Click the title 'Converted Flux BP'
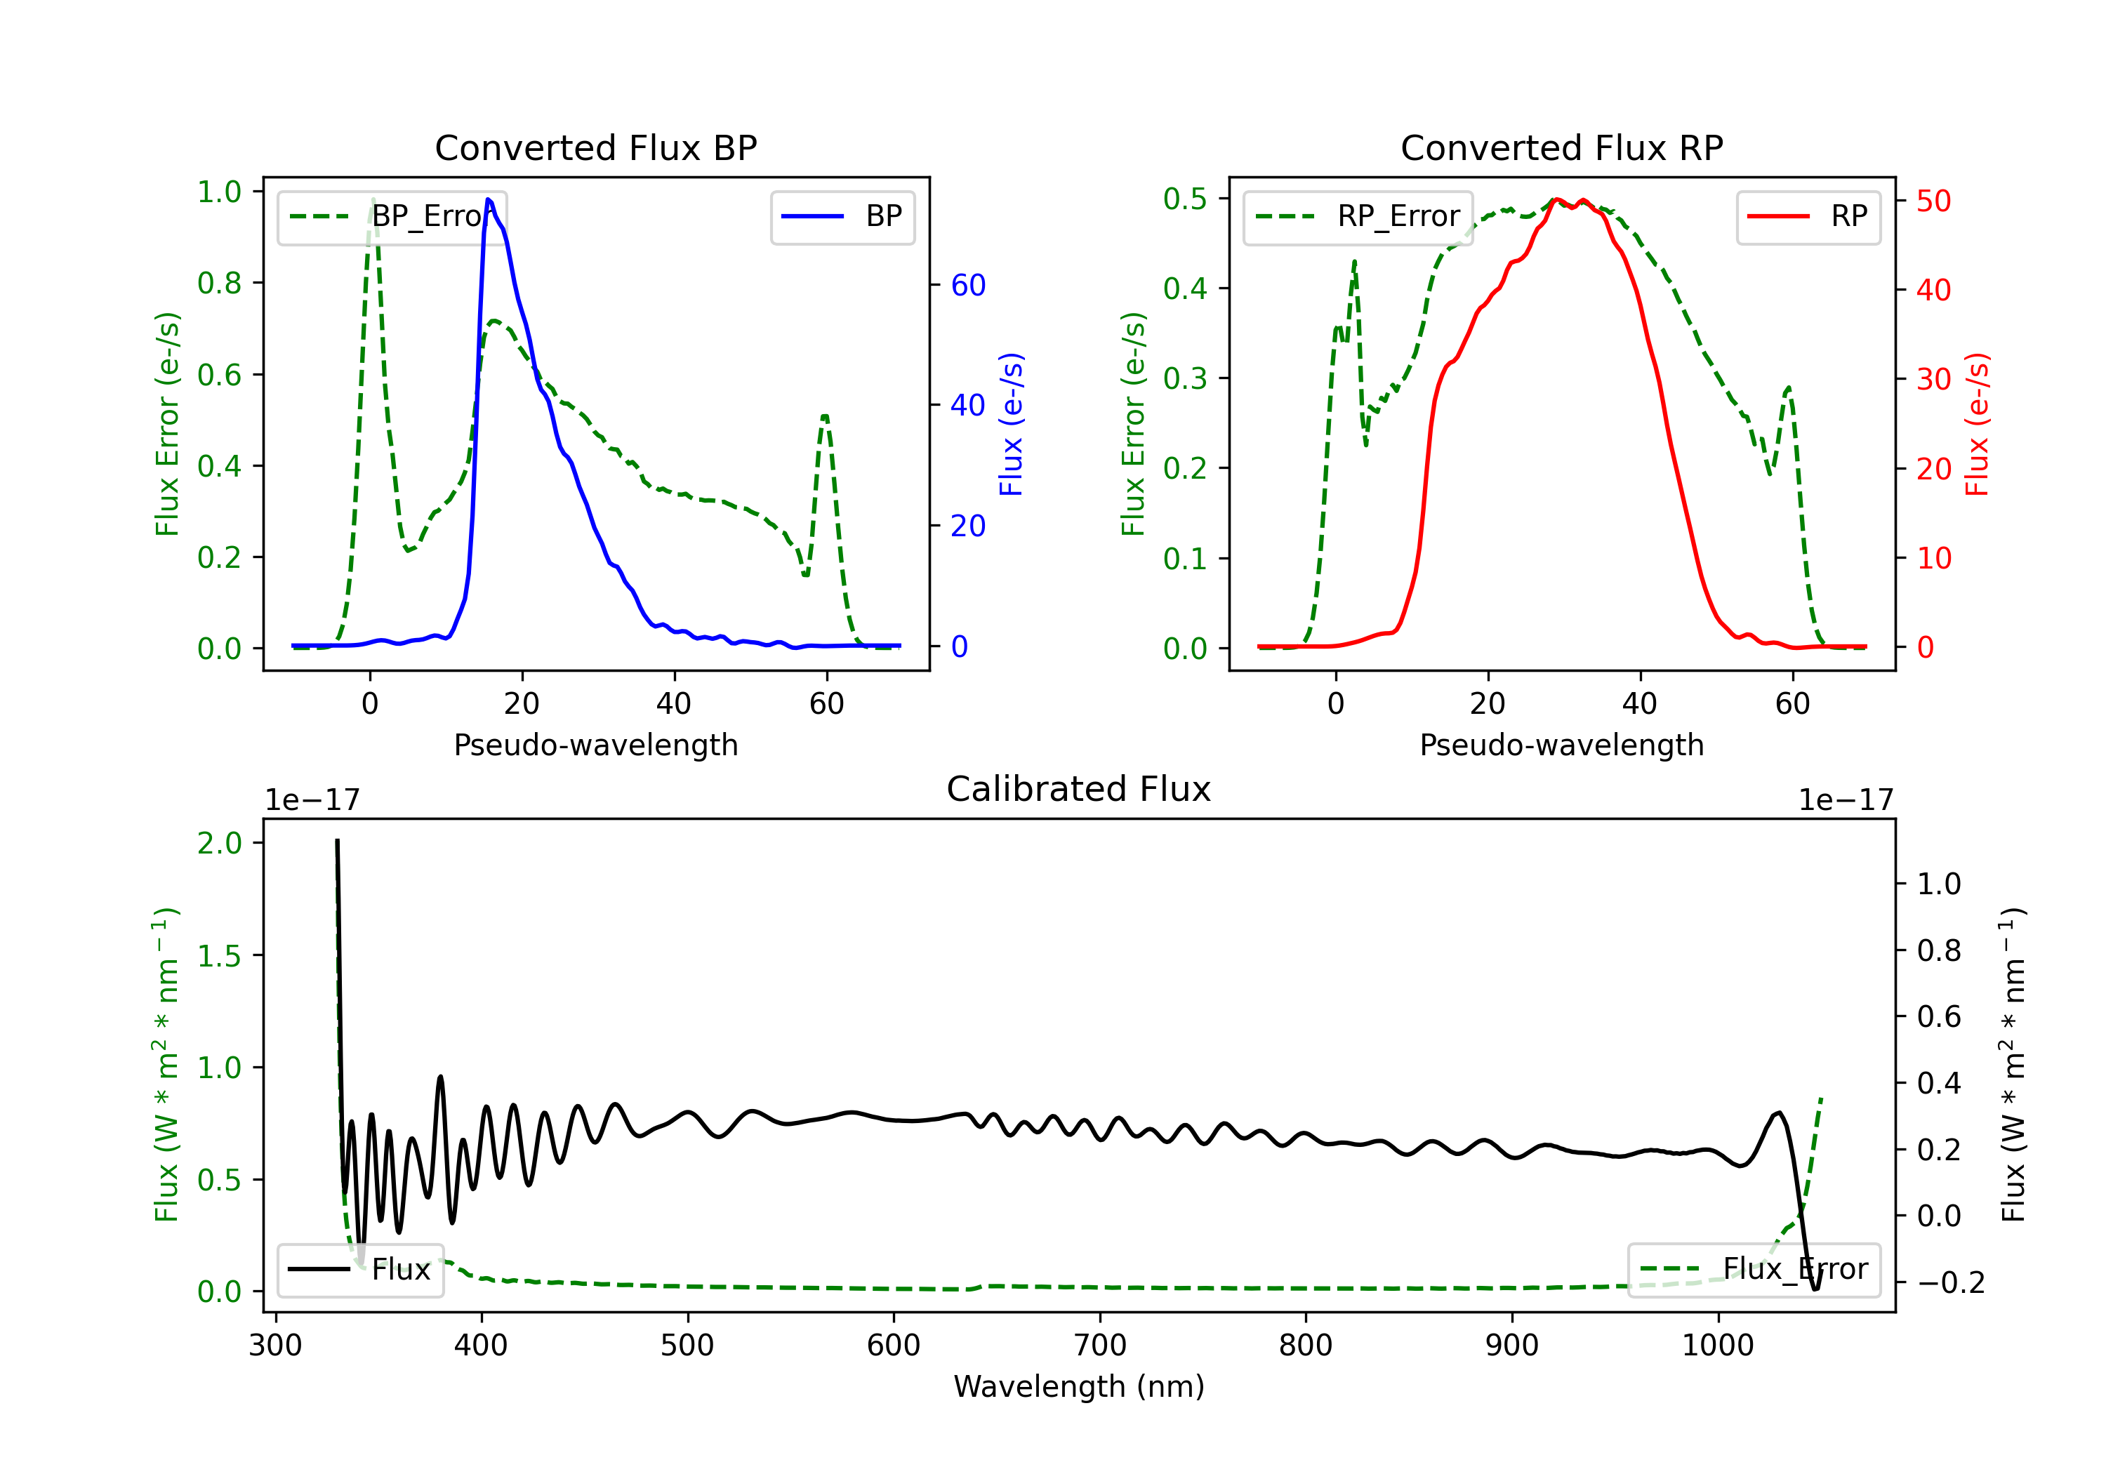[595, 147]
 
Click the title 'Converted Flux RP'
[1561, 147]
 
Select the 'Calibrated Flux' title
[1079, 789]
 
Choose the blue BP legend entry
[842, 216]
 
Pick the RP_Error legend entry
[1358, 216]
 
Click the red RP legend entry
[1808, 216]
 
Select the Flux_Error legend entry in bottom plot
[1754, 1270]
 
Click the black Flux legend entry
[359, 1270]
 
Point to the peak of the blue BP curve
[488, 199]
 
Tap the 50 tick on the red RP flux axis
[1933, 201]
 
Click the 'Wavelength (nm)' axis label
[1079, 1386]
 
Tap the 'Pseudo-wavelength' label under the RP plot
[1561, 745]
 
